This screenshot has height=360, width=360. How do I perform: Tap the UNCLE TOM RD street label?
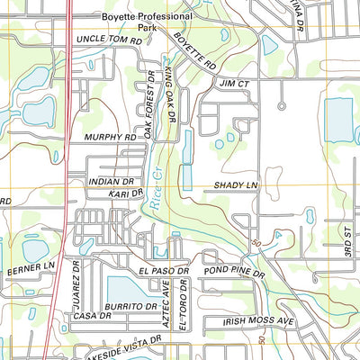pyautogui.click(x=110, y=41)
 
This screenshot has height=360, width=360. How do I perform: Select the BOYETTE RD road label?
pyautogui.click(x=195, y=53)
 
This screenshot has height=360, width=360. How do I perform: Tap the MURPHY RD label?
pyautogui.click(x=111, y=137)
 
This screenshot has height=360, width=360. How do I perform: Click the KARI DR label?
pyautogui.click(x=125, y=193)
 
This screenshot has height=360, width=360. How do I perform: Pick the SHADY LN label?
pyautogui.click(x=236, y=185)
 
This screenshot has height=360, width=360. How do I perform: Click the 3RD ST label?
pyautogui.click(x=346, y=244)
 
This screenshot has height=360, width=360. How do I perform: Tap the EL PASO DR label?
pyautogui.click(x=163, y=270)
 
